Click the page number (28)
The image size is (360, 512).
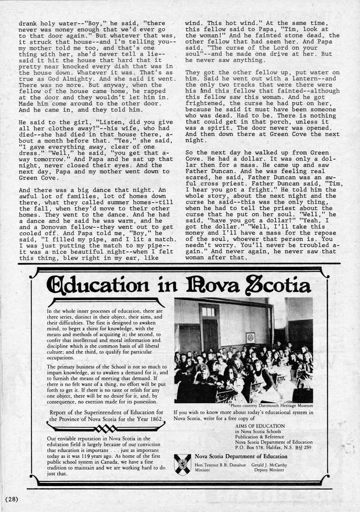point(11,499)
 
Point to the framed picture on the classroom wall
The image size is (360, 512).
point(251,338)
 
